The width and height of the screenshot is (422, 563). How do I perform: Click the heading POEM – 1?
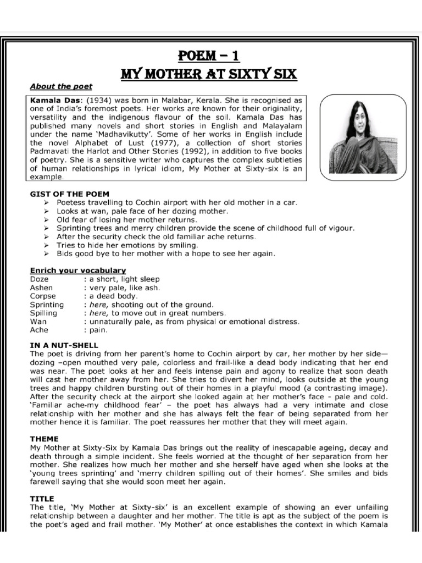[x=208, y=57]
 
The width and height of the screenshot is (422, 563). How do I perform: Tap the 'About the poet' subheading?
[x=61, y=86]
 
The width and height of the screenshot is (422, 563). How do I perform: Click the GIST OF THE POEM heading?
[x=70, y=194]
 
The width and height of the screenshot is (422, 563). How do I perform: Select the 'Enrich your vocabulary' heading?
[x=78, y=271]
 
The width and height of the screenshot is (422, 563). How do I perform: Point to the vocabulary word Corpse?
[x=43, y=296]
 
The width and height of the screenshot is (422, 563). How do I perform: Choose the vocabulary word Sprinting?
[x=47, y=305]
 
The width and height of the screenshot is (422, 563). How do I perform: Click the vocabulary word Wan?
[x=38, y=321]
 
